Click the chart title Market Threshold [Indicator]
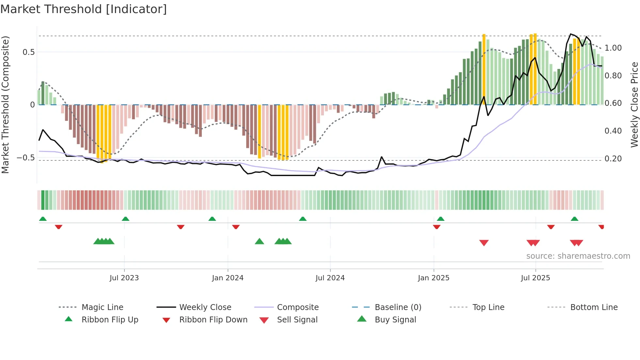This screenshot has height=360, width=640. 84,9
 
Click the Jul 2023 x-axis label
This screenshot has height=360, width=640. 124,278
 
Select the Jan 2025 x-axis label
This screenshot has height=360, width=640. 434,278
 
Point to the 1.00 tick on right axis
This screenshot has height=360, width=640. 613,48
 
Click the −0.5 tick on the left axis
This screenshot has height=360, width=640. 25,158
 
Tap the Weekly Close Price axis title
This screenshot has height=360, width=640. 634,105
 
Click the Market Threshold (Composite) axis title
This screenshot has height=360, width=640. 5,105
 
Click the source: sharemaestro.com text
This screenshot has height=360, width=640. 578,256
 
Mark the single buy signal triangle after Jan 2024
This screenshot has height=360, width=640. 259,241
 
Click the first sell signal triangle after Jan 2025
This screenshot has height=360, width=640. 484,242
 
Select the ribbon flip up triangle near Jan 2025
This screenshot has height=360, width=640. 440,219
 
